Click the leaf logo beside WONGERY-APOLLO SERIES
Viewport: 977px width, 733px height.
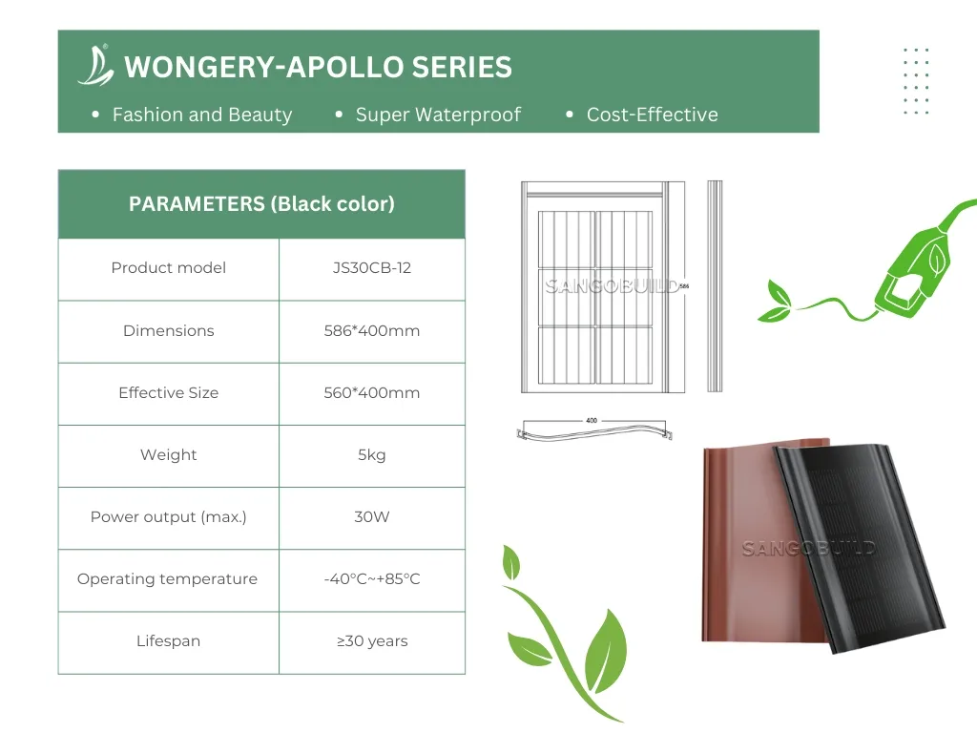96,66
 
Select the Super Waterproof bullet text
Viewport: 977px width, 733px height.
438,115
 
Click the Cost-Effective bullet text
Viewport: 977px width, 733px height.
652,115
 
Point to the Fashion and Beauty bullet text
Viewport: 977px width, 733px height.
202,115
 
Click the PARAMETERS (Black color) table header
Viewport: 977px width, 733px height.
261,204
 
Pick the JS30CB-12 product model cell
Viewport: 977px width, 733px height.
372,268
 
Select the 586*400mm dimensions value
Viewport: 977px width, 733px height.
372,330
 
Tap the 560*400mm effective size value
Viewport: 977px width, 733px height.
372,392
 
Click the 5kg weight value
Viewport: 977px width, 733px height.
372,455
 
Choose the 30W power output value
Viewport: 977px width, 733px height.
372,516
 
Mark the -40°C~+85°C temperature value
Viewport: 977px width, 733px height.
372,579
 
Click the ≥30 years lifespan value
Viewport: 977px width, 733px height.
372,640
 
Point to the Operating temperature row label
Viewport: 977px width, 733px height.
167,579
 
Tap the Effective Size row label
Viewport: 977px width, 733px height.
168,392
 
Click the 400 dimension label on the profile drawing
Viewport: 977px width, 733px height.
592,421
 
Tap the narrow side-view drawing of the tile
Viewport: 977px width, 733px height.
715,286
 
